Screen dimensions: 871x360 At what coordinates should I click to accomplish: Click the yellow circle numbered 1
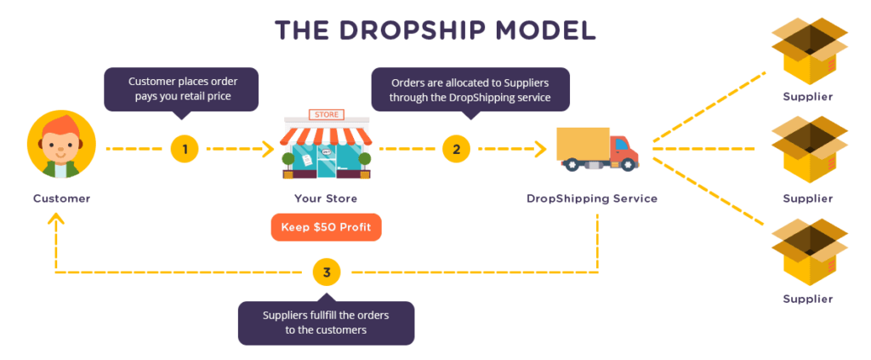[x=185, y=149]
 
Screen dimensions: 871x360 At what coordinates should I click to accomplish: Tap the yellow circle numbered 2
[x=456, y=149]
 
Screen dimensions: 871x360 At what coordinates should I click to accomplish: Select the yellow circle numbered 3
[x=327, y=272]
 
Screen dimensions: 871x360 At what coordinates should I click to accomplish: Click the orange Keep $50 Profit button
[x=326, y=227]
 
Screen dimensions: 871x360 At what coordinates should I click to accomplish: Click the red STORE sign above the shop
[x=326, y=115]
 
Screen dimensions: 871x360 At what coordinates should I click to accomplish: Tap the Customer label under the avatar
[x=61, y=198]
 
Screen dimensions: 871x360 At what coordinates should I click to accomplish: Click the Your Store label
[x=326, y=198]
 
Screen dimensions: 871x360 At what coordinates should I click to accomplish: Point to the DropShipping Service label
[x=592, y=198]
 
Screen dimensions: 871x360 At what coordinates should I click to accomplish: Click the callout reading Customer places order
[x=181, y=89]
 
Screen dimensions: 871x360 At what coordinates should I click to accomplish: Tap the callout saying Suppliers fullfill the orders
[x=326, y=323]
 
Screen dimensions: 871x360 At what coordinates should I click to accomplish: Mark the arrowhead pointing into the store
[x=268, y=149]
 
